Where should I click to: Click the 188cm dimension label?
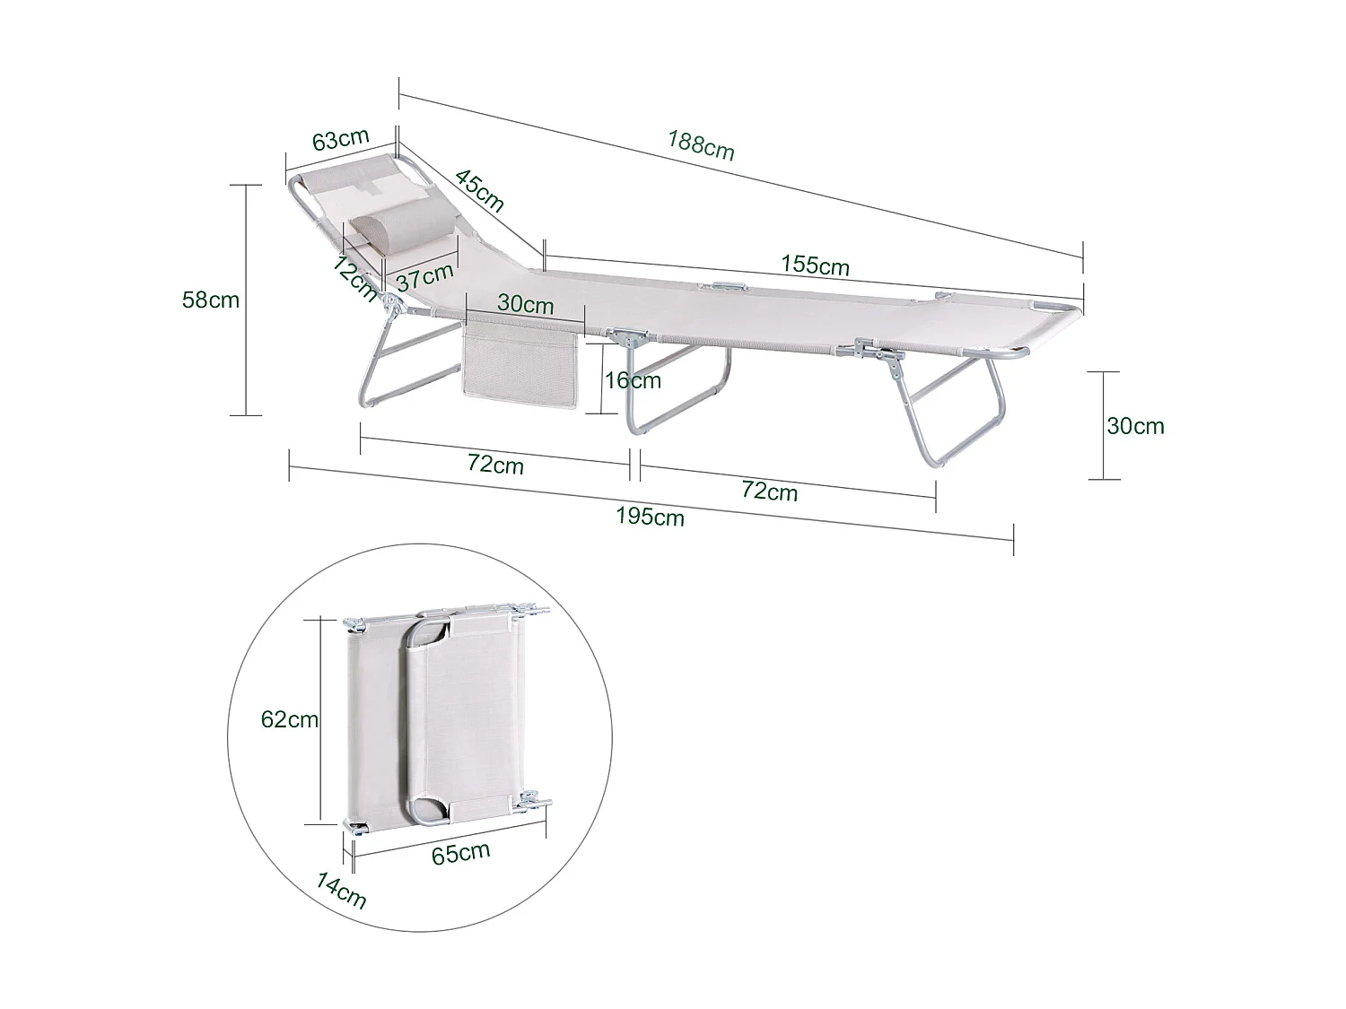(x=701, y=144)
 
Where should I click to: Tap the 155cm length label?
(x=815, y=265)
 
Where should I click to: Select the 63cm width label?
(x=340, y=140)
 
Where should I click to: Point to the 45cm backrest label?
(x=479, y=190)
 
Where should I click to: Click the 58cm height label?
(x=211, y=300)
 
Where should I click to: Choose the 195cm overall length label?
(x=651, y=517)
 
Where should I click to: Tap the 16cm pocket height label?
(x=632, y=380)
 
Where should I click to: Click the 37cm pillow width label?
(x=425, y=275)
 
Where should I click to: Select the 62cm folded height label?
(x=290, y=719)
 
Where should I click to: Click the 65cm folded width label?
(x=461, y=852)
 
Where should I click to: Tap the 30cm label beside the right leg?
(x=1135, y=425)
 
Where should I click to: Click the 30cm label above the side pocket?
(x=526, y=304)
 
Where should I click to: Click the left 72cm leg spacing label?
(x=495, y=465)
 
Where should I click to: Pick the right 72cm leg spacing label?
(x=769, y=491)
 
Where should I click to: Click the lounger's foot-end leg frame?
(x=960, y=408)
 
